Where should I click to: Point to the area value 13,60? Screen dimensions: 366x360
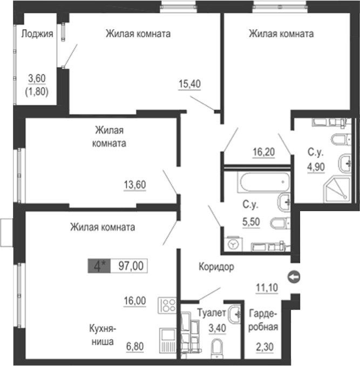coord(135,185)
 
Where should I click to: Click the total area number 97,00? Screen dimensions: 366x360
coord(129,266)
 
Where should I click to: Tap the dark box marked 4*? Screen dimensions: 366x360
coord(99,266)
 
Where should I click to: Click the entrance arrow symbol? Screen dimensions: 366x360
coord(294,277)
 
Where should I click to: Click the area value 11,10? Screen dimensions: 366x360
coord(267,288)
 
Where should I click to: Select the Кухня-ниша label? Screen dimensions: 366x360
coord(103,335)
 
